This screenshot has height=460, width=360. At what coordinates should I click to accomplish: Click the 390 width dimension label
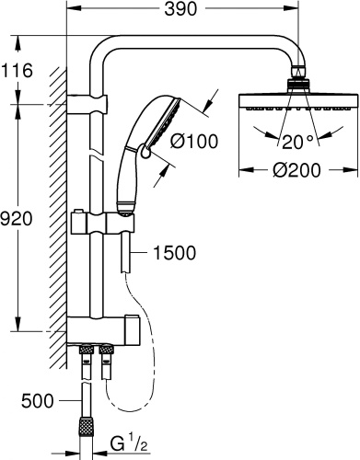180,8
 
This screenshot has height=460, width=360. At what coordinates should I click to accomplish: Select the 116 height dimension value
17,71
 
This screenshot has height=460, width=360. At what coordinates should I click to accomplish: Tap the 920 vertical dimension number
16,219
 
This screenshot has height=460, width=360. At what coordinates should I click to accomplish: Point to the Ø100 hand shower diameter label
194,142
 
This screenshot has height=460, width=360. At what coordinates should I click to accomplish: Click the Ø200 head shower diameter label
296,169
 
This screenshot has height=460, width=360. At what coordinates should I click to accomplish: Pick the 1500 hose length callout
174,253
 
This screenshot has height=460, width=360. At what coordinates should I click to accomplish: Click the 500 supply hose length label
38,400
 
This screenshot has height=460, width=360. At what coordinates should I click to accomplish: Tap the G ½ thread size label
129,443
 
